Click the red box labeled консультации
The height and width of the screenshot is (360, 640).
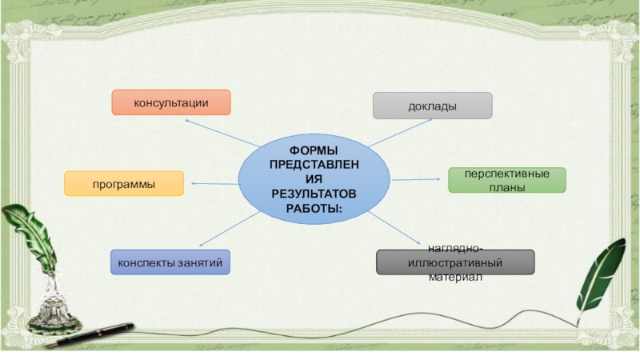click(x=171, y=102)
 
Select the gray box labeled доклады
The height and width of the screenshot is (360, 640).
click(x=433, y=106)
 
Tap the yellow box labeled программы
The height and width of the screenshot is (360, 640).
click(x=124, y=184)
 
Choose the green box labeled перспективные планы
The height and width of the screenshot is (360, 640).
click(x=506, y=180)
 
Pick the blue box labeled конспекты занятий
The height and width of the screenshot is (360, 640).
click(x=170, y=262)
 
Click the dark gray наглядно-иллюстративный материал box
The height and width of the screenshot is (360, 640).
click(x=455, y=262)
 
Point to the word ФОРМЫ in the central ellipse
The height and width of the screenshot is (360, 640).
click(x=314, y=151)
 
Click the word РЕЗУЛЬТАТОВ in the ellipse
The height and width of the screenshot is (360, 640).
click(x=314, y=194)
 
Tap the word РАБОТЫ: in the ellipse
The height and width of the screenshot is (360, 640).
click(x=314, y=208)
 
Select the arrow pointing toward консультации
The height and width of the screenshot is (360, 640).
click(x=220, y=133)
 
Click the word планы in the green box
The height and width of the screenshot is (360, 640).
click(x=506, y=188)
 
